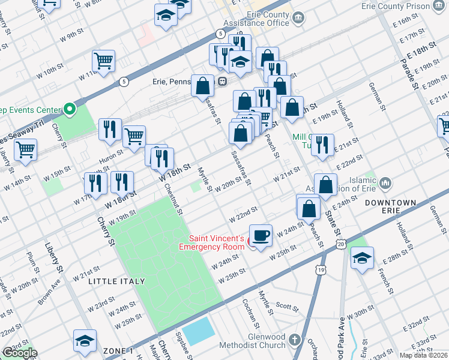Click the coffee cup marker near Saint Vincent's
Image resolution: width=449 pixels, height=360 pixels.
tap(261, 235)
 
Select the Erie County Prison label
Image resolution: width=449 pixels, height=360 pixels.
tap(396, 6)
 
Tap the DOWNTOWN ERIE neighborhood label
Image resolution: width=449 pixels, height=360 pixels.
tap(390, 208)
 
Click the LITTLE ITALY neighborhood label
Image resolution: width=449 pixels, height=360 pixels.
tap(116, 281)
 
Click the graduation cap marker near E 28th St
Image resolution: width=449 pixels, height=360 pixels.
tap(362, 258)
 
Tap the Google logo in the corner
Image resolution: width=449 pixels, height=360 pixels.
tap(19, 353)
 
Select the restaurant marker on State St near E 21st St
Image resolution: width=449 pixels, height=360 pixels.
tap(322, 145)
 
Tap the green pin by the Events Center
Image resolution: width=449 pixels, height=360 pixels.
tap(70, 109)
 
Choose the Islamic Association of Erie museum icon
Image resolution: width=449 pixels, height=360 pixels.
tap(385, 182)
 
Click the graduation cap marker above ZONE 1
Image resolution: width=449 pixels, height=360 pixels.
tap(85, 340)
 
